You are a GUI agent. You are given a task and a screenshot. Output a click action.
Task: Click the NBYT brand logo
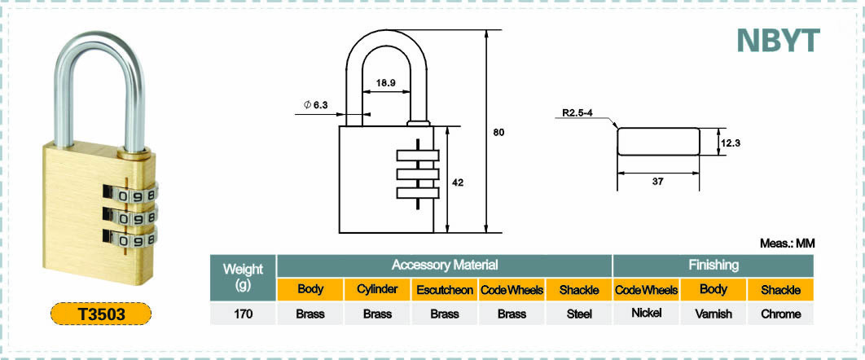pos(779,40)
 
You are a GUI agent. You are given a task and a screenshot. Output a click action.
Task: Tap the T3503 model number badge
pos(101,314)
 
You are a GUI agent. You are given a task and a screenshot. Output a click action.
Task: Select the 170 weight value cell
pos(243,314)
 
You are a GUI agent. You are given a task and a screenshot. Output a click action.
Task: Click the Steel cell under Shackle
pos(579,314)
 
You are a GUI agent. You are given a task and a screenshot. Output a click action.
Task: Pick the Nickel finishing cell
pos(646,313)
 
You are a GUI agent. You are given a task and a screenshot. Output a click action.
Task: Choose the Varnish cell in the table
pos(714,314)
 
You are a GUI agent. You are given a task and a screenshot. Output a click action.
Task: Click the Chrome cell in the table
pos(780,314)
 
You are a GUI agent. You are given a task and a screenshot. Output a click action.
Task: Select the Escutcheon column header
pos(445,290)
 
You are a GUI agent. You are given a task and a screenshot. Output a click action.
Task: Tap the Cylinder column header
pos(377,289)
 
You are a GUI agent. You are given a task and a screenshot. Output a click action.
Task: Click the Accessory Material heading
pos(445,266)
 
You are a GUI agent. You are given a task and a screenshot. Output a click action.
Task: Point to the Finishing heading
pos(714,266)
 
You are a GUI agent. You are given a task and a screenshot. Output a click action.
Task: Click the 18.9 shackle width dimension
pos(385,83)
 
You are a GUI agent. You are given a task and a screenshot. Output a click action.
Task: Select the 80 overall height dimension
pos(498,132)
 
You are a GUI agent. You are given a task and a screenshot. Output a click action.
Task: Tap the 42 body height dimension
pos(457,183)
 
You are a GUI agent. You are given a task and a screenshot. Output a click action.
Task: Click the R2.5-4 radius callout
pos(577,112)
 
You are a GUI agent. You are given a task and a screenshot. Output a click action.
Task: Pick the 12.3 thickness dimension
pos(730,143)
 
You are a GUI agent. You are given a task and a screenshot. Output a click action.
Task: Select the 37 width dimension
pos(657,181)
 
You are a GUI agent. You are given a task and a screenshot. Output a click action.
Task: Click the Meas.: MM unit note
pos(788,244)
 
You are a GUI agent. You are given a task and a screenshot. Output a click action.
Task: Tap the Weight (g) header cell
pos(243,277)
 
